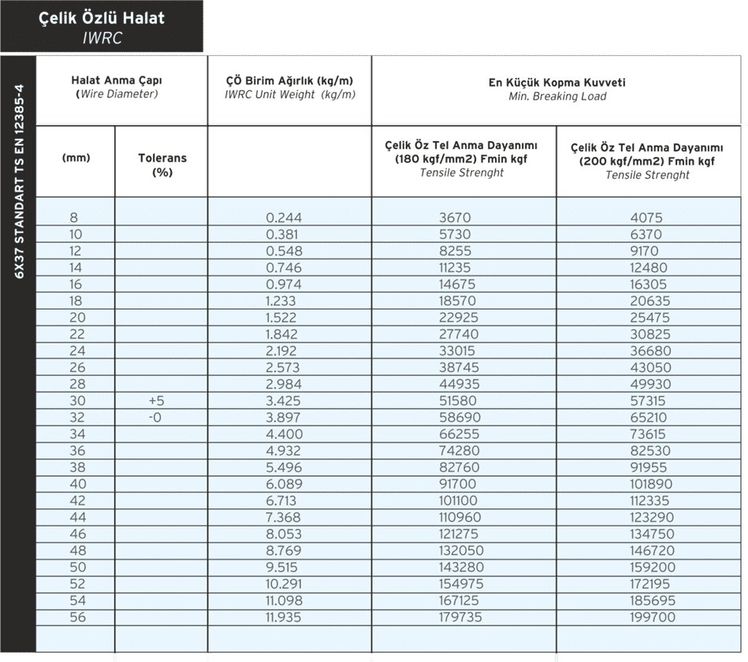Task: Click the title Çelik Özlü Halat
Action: point(102,17)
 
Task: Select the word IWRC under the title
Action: point(102,37)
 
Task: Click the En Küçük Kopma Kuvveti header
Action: point(557,82)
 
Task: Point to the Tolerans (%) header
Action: point(162,165)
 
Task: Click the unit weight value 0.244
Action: point(284,218)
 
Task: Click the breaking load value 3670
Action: point(455,218)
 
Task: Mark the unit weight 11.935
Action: point(284,617)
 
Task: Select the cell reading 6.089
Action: point(284,484)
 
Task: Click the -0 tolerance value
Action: point(154,417)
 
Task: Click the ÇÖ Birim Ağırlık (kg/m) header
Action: point(289,81)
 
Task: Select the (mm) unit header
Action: point(76,158)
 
